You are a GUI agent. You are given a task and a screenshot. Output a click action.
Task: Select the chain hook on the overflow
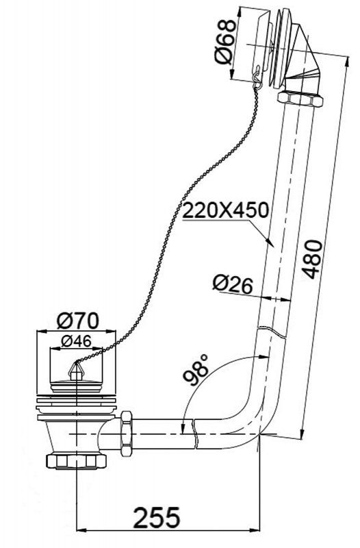[255, 76]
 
